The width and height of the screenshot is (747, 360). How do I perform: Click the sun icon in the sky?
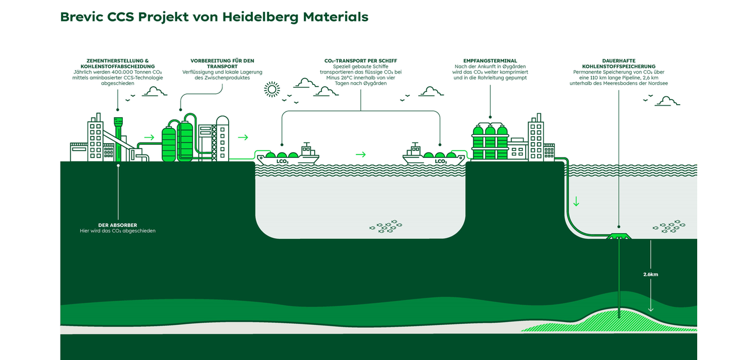click(272, 89)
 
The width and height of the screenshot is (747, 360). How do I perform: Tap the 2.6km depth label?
click(650, 275)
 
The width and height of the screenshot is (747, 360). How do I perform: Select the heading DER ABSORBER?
click(117, 225)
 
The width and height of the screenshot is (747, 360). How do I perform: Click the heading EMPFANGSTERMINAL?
click(490, 61)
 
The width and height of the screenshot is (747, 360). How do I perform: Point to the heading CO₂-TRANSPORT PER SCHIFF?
click(360, 61)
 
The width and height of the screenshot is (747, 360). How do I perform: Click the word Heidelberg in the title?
click(260, 17)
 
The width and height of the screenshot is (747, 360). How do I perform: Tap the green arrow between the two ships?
click(360, 155)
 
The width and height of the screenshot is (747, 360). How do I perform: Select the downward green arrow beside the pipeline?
click(576, 201)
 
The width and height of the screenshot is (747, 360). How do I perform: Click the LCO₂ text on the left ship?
click(282, 161)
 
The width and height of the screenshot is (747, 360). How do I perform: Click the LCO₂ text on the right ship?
click(440, 161)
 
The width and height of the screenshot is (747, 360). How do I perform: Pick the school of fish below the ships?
click(386, 226)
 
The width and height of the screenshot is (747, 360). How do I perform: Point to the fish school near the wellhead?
click(669, 226)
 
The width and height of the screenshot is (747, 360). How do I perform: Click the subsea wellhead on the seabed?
click(619, 236)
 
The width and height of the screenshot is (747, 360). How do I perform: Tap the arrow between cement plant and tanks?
click(149, 137)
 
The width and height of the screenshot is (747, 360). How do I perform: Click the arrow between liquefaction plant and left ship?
click(243, 137)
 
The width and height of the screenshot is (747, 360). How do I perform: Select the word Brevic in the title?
click(81, 17)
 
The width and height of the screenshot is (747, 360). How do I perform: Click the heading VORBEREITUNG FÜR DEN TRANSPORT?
click(222, 63)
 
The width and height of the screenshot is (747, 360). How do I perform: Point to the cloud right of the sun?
click(306, 83)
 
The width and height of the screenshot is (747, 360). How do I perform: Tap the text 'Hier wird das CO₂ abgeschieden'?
click(117, 231)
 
